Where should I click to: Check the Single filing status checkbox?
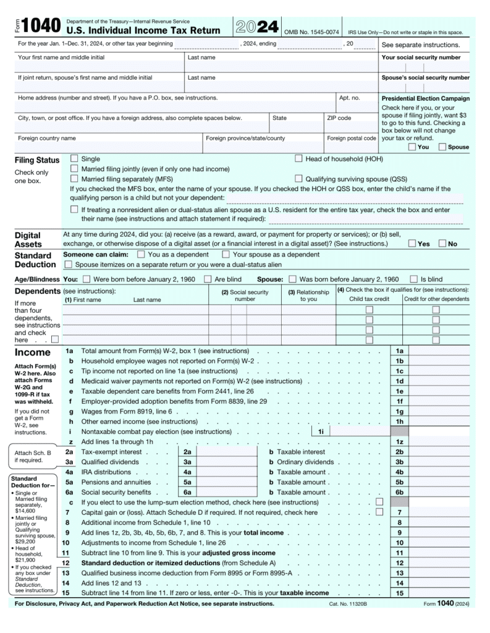[x=75, y=159]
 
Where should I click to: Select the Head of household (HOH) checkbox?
[x=299, y=159]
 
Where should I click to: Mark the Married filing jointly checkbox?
[x=75, y=169]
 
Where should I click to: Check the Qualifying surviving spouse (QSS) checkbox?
[x=299, y=179]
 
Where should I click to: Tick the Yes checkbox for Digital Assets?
[x=412, y=244]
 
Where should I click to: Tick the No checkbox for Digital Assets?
[x=442, y=244]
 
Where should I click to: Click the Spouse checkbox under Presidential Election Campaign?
[x=442, y=147]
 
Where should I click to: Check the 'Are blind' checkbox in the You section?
[x=208, y=279]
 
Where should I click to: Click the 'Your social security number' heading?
[x=421, y=57]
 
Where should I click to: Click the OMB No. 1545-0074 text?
[x=311, y=32]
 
